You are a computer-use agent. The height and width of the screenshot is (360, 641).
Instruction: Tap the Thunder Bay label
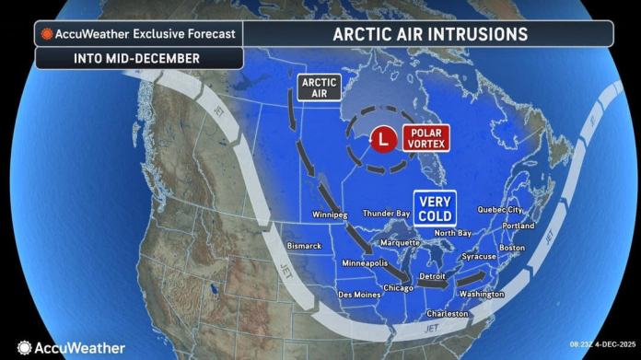386,214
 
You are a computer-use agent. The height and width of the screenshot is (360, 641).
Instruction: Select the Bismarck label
304,246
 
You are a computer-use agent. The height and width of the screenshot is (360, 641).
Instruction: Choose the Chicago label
398,288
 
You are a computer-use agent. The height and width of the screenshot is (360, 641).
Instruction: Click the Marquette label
401,243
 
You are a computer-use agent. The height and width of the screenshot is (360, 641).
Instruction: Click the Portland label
519,226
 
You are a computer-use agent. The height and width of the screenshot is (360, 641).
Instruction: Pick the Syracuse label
480,257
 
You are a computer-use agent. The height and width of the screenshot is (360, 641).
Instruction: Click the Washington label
481,295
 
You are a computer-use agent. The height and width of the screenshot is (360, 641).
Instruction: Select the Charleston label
447,314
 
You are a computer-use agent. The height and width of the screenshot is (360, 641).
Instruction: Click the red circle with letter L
381,139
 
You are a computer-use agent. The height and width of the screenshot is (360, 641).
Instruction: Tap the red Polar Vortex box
425,139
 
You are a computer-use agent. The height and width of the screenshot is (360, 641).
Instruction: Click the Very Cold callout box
433,209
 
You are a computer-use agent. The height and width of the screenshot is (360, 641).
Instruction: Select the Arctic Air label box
320,87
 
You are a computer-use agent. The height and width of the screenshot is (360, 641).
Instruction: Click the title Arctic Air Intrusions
431,34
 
